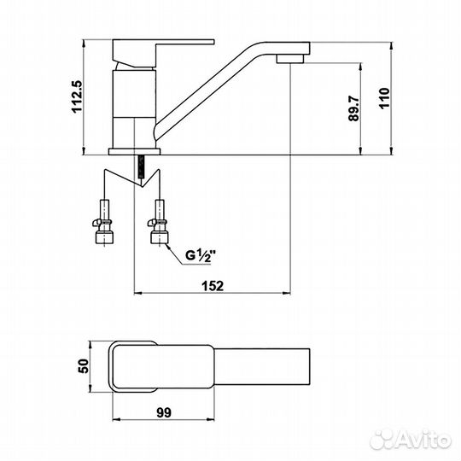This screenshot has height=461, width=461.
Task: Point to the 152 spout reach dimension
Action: click(214, 285)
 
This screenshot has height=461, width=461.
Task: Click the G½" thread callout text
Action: click(202, 253)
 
